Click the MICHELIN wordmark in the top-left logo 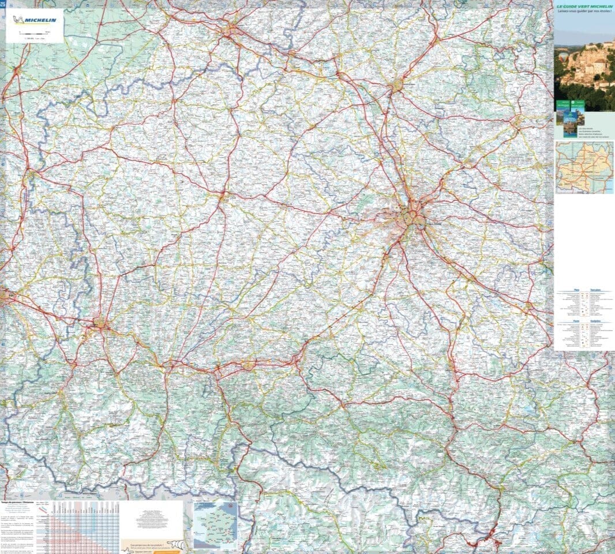pos(43,18)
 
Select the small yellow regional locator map pos(584,167)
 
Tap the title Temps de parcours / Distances pos(17,503)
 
